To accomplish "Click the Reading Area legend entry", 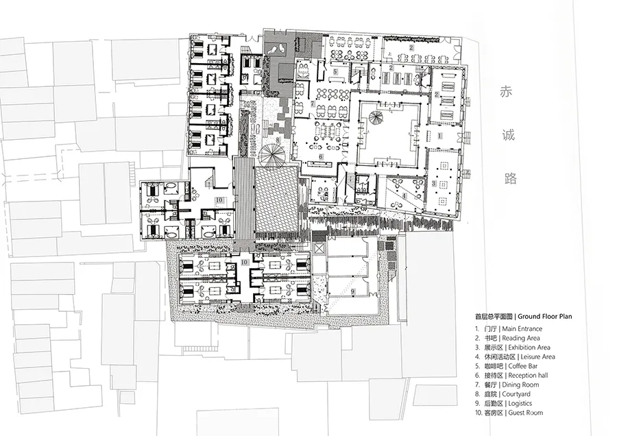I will click(x=507, y=338).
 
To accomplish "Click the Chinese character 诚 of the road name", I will click(x=508, y=134).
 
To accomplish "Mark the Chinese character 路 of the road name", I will click(x=508, y=179).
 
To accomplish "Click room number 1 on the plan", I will click(x=439, y=136).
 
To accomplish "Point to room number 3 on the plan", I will click(x=434, y=183).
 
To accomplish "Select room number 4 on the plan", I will click(x=404, y=195).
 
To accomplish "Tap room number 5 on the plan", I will click(x=336, y=71).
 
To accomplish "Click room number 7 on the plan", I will click(x=313, y=104).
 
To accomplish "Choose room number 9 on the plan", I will click(x=353, y=291).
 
